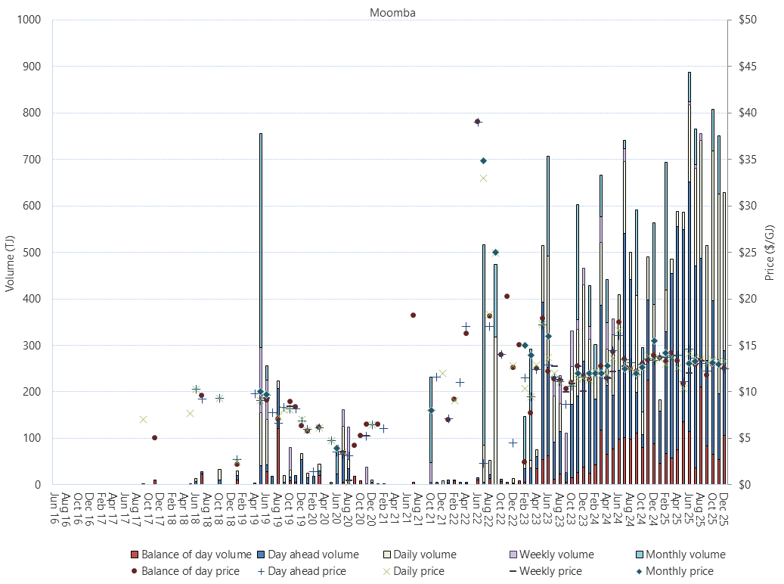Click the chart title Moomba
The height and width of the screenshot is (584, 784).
[x=392, y=12]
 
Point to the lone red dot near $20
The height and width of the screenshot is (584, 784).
[x=507, y=297]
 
